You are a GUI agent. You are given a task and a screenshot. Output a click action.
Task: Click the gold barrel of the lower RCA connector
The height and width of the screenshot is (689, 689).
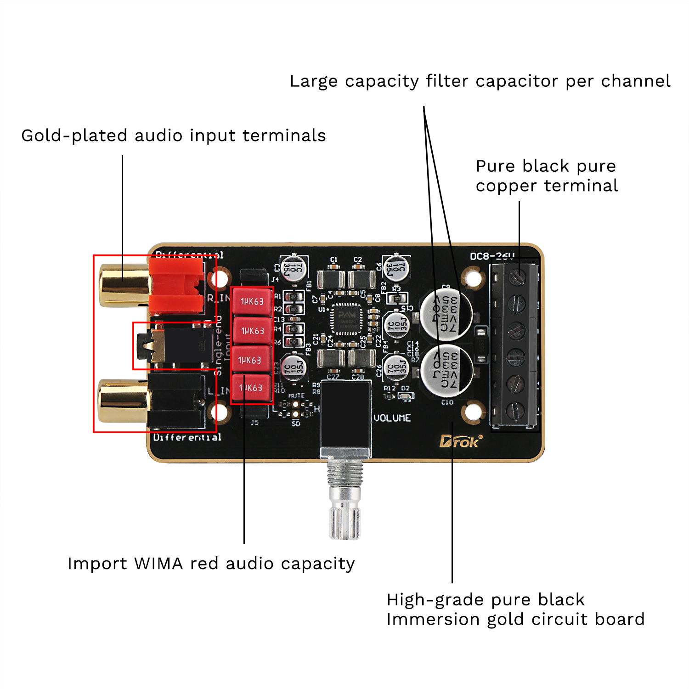(123, 401)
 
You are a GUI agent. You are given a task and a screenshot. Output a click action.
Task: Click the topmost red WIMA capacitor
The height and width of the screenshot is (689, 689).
(252, 301)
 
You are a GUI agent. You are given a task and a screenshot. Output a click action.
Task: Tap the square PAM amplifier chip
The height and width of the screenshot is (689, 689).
(346, 318)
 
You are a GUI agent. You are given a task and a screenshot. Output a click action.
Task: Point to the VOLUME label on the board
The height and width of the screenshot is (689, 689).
(392, 418)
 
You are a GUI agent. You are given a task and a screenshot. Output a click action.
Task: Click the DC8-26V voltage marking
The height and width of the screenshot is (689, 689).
(492, 256)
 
